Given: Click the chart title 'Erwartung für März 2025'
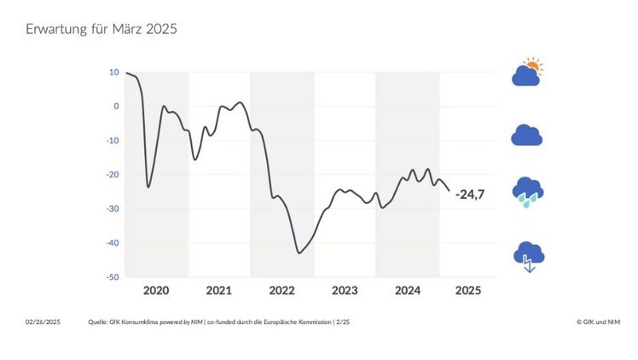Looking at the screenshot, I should [101, 29].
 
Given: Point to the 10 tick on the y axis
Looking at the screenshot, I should [114, 73].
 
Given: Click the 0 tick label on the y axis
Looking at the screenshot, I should [116, 107].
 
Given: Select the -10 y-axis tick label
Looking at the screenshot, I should [113, 141].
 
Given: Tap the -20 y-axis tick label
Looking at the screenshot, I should [113, 175].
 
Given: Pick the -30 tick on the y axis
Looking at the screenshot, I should [113, 209].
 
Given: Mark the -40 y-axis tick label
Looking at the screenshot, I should [113, 243].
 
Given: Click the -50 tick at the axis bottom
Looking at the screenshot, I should [113, 277].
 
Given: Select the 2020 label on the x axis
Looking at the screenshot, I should [156, 291].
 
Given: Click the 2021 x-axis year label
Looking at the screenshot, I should [219, 291].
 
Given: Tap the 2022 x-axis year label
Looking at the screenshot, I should [281, 291].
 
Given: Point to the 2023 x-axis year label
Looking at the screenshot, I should [345, 291].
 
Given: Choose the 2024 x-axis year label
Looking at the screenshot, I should [407, 291].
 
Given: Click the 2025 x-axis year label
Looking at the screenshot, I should [468, 291].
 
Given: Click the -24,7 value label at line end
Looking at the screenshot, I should [470, 195].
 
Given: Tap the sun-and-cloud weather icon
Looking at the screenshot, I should [527, 73].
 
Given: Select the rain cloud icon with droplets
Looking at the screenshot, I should [527, 192].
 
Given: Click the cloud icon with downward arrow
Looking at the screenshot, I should [527, 256].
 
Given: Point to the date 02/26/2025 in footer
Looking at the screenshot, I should [43, 322].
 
